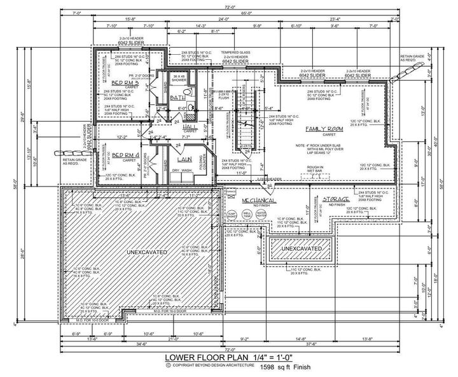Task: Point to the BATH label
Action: (x=177, y=98)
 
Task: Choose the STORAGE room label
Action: (x=340, y=199)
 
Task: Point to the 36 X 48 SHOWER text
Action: (x=179, y=78)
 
